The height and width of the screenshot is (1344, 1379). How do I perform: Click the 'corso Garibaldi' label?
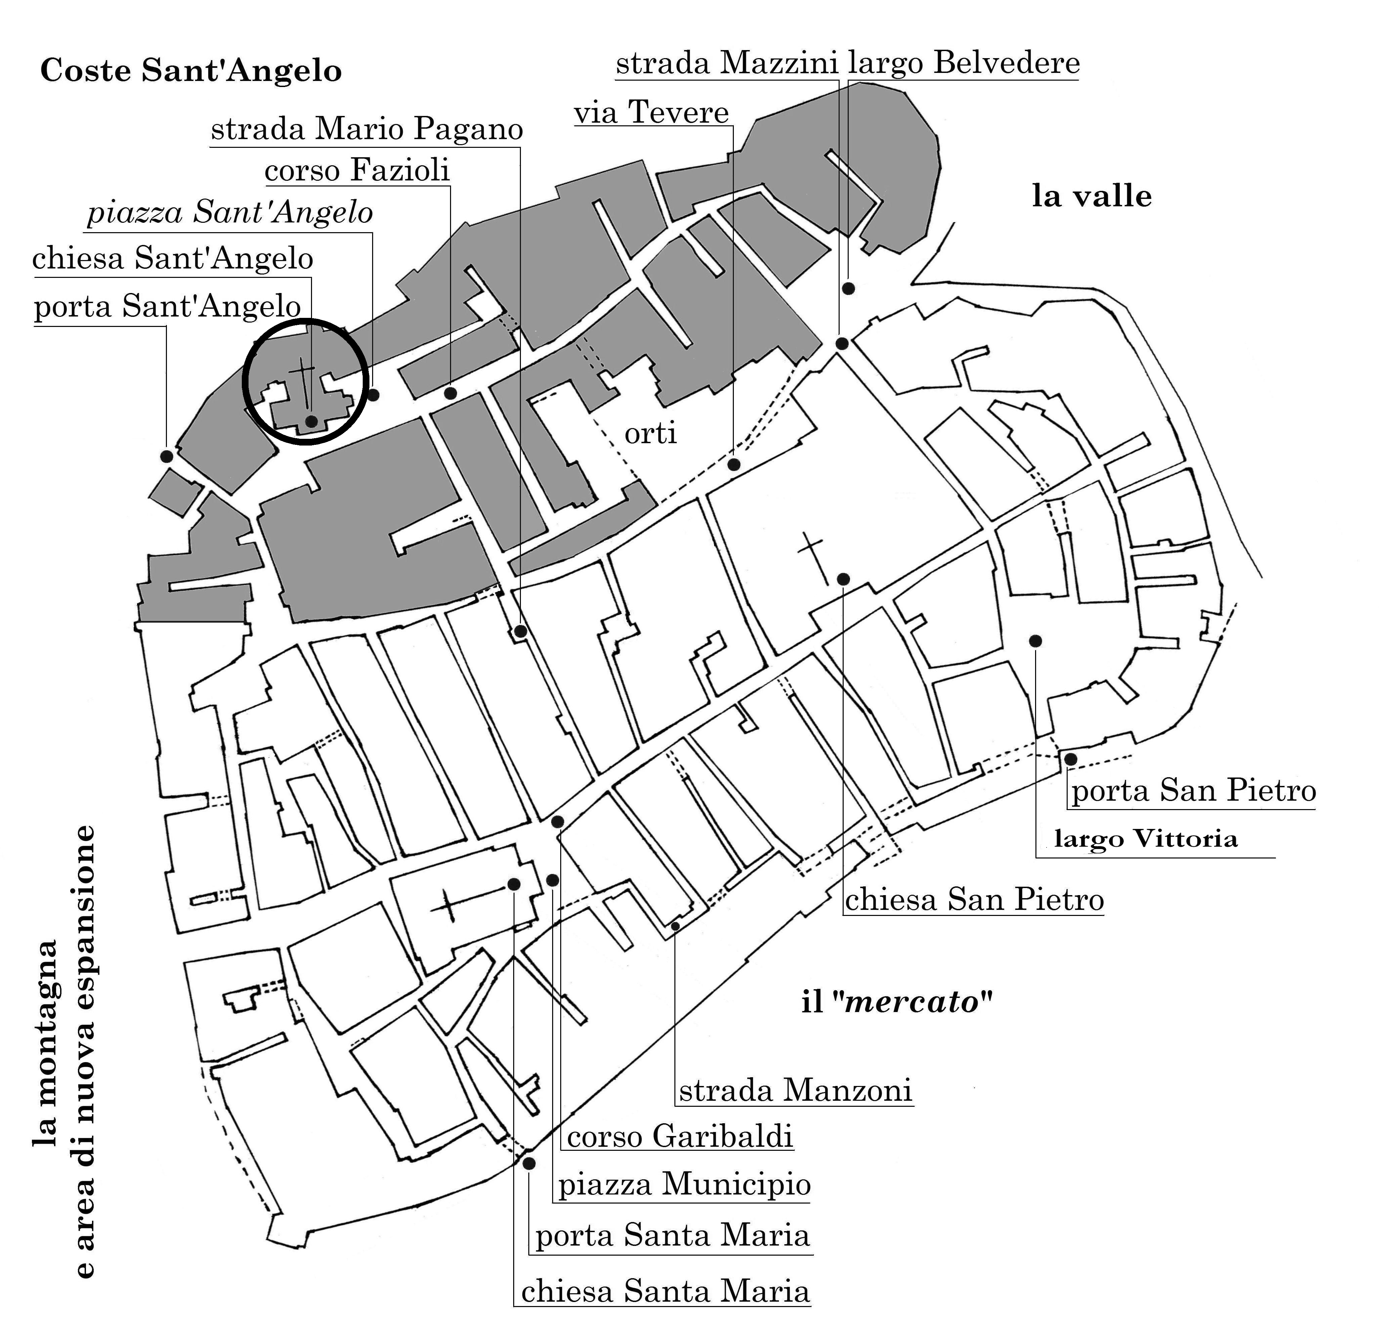(x=680, y=1136)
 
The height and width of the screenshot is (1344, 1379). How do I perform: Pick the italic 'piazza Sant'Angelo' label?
(x=230, y=213)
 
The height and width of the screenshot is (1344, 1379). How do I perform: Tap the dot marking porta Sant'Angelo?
(x=167, y=456)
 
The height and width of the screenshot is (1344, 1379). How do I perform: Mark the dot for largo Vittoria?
(x=1035, y=640)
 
